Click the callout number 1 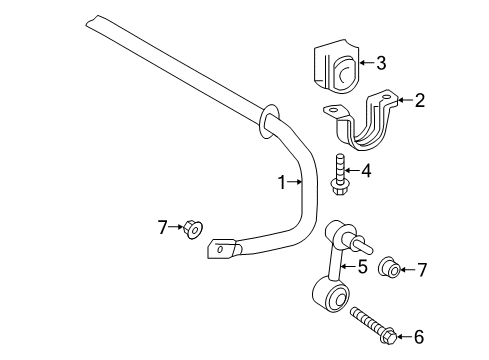282,182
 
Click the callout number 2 420,99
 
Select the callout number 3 382,63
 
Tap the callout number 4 367,171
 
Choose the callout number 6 418,337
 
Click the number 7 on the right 421,269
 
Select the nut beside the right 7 393,268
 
